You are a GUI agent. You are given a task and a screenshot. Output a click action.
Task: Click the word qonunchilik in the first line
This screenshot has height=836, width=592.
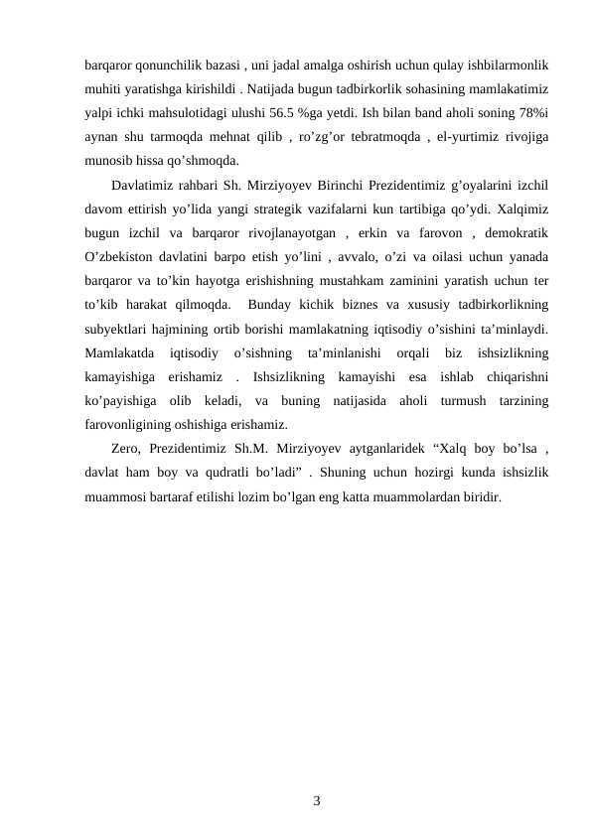click(x=169, y=65)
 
